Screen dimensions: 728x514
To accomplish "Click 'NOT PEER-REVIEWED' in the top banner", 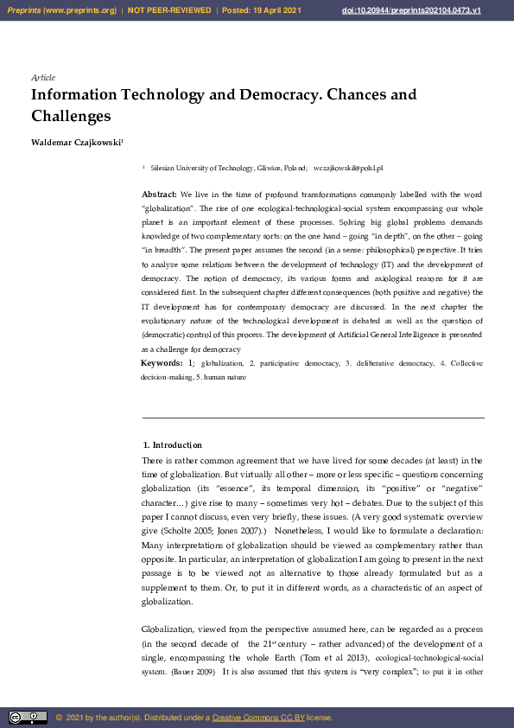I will click(x=169, y=10).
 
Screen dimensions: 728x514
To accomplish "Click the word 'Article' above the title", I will click(x=43, y=78).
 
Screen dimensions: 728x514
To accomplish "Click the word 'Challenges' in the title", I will click(x=72, y=115).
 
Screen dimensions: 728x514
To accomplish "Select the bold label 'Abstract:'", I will click(x=159, y=195).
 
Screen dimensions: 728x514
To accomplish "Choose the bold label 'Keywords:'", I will click(x=162, y=363).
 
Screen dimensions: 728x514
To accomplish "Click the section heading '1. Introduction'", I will click(x=172, y=445).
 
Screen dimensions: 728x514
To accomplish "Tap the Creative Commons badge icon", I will click(x=28, y=717).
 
